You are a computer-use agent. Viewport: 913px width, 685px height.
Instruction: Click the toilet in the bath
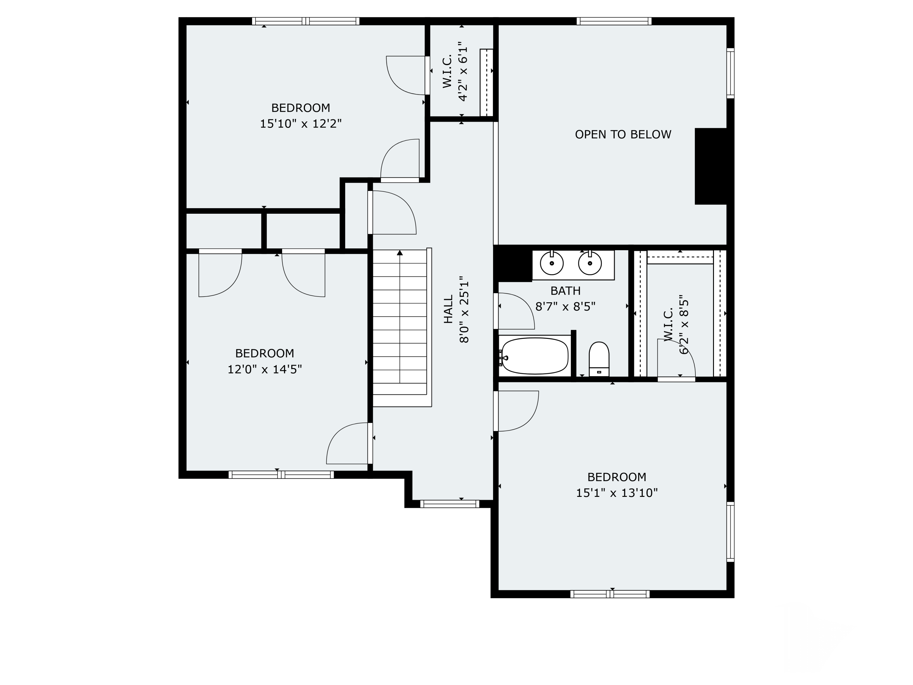pos(599,359)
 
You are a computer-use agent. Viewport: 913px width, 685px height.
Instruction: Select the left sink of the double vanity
pos(552,263)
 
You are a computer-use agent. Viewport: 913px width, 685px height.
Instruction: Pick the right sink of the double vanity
pos(590,263)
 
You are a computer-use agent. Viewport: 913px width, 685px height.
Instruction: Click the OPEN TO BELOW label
pos(623,134)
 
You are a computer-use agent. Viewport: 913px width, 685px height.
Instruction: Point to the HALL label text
pos(449,309)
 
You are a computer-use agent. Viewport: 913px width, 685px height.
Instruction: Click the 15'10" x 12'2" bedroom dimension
pos(301,124)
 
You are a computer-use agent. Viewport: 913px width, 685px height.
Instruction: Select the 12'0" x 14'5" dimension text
pos(264,369)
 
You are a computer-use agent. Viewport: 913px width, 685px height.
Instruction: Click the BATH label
pos(565,291)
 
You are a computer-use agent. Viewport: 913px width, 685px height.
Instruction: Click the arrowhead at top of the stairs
pos(400,253)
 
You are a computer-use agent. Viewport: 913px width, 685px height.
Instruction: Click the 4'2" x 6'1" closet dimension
pos(463,71)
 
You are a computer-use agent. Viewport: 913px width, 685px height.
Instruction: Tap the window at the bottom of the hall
pos(450,504)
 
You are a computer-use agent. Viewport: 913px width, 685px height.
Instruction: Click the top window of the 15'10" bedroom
pos(306,21)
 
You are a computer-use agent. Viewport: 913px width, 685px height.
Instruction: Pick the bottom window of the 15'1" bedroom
pos(610,594)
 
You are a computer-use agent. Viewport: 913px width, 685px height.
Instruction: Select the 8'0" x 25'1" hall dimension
pos(464,310)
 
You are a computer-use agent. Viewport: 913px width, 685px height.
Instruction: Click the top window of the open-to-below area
pos(614,21)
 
